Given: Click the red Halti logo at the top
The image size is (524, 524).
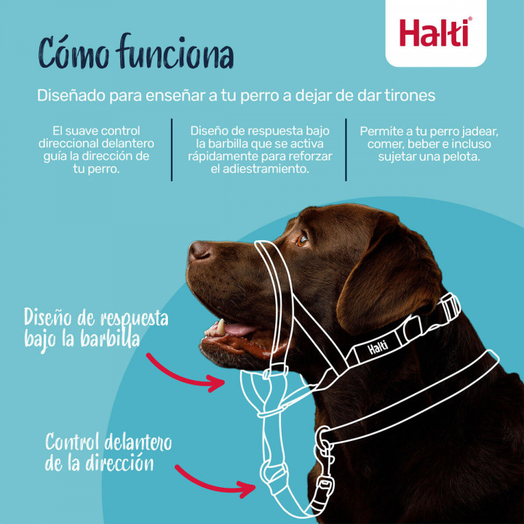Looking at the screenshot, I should click(435, 33).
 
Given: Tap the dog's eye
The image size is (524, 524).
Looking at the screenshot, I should click(302, 238).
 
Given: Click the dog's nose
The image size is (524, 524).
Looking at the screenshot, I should click(199, 251).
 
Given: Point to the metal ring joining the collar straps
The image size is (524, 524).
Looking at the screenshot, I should click(322, 438).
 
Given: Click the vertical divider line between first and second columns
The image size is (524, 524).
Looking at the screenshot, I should click(172, 149).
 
